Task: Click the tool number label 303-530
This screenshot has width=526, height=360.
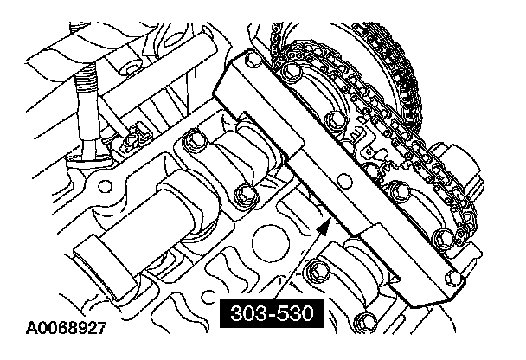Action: tap(272, 312)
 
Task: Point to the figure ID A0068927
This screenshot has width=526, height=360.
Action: tap(66, 328)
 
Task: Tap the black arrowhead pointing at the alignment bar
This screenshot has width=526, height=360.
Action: tap(324, 228)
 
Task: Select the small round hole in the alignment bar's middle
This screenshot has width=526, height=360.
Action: tap(345, 181)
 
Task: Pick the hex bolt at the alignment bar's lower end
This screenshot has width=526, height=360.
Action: tap(452, 278)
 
